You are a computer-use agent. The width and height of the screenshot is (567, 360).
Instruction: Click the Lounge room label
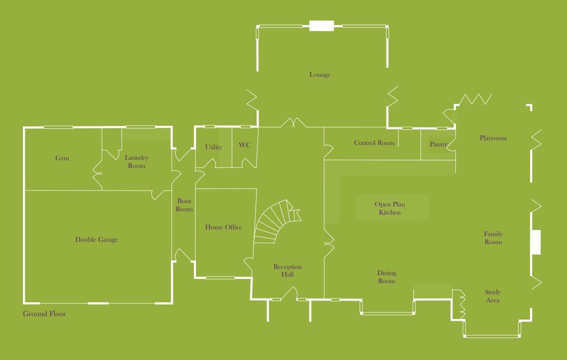(320, 75)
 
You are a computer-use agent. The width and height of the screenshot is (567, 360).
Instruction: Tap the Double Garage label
(96, 240)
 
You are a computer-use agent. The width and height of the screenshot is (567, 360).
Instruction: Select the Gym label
(62, 158)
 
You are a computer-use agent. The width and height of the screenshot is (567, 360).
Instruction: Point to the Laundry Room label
(136, 162)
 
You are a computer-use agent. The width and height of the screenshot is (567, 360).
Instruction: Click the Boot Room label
(184, 205)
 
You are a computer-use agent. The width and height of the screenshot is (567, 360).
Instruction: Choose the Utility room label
(214, 147)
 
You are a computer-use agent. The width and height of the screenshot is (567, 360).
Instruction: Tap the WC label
(245, 145)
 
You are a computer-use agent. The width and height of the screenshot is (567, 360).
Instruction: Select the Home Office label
(224, 227)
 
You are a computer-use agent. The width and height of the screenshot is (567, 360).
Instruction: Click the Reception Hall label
(287, 271)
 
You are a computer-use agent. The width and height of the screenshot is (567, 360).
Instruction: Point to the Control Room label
(374, 143)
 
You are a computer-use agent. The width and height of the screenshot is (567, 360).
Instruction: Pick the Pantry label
(439, 144)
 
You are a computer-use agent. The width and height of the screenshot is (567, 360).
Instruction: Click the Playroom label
(493, 138)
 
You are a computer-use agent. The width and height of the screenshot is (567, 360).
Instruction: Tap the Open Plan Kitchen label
(390, 208)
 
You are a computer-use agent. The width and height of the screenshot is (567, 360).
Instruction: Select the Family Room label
(493, 238)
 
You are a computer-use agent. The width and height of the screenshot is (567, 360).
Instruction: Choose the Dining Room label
(387, 277)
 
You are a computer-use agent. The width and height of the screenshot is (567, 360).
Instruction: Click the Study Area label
(493, 296)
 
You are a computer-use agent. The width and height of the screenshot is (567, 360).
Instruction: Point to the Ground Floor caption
(44, 314)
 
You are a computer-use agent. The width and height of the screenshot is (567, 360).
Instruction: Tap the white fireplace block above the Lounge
(321, 26)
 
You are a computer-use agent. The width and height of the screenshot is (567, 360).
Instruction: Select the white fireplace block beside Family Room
(536, 242)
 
